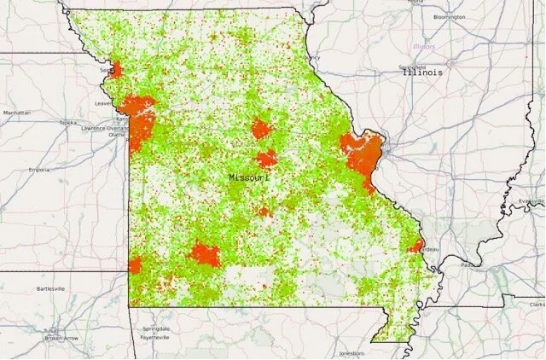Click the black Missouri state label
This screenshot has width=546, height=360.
click(249, 177)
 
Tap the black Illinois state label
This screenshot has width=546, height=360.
click(423, 73)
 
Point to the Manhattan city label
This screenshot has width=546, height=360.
click(16, 113)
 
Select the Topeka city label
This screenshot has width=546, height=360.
click(67, 123)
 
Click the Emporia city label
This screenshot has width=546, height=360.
click(38, 170)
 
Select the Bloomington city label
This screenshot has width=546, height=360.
click(449, 16)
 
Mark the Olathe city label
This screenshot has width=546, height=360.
click(117, 135)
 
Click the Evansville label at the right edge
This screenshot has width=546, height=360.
click(531, 201)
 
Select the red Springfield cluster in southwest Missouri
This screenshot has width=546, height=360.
click(205, 254)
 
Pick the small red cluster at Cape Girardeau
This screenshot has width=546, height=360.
click(415, 247)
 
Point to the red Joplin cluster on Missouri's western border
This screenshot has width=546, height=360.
click(135, 266)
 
